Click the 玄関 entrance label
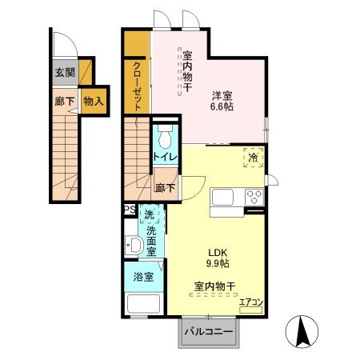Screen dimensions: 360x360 (65, 72)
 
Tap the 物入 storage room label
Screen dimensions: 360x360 (94, 101)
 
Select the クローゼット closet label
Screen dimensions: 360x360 (137, 86)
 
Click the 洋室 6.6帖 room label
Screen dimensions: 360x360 (222, 101)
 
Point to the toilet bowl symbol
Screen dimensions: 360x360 (165, 137)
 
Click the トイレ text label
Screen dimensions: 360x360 (166, 157)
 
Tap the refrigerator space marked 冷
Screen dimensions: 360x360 (254, 158)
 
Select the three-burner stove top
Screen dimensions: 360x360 (254, 197)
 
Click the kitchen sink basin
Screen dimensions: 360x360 (222, 197)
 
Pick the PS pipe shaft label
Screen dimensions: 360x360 (130, 210)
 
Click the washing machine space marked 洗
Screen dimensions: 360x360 (149, 214)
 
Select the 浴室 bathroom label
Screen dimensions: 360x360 (143, 277)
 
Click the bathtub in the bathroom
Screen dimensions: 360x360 (144, 303)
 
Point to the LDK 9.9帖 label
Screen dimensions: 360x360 (218, 258)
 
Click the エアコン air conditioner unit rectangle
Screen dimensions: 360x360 (250, 310)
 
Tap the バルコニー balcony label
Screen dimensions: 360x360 (209, 332)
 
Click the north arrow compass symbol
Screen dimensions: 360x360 (302, 331)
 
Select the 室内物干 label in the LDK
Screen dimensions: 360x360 (214, 286)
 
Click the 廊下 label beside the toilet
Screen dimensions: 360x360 (165, 188)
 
